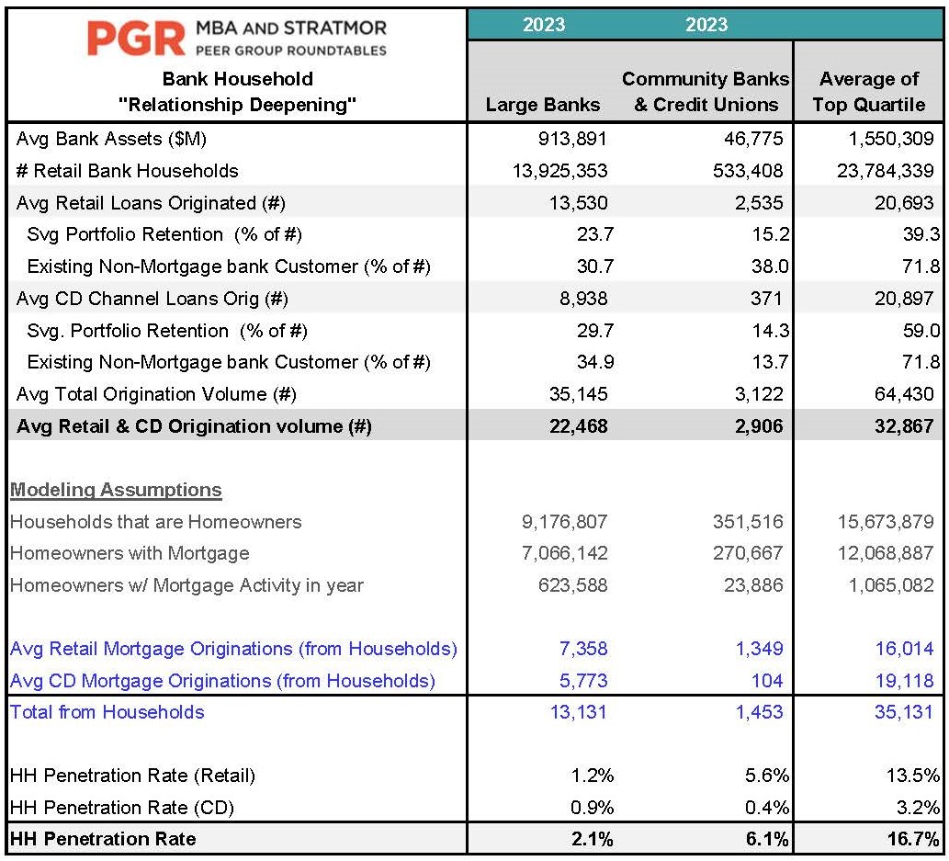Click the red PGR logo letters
pos(136,39)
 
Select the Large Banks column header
pos(543,105)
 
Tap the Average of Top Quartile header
pos(868,91)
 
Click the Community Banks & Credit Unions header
pos(706,91)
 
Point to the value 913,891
pos(572,139)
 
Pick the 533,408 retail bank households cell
pos(748,171)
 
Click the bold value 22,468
pos(579,426)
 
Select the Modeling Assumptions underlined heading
pos(116,489)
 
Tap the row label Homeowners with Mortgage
pos(130,553)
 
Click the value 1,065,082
pos(891,585)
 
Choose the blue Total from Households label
pos(107,712)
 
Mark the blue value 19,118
pos(905,681)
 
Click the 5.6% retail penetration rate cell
pos(767,776)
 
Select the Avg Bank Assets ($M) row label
pos(112,139)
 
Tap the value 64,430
pos(905,394)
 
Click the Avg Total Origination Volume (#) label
pos(156,394)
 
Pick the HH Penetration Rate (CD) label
pos(122,808)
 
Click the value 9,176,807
pos(565,522)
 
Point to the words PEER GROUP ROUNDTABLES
pos(291,51)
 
